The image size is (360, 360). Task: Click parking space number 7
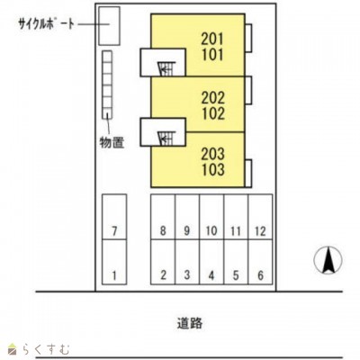[114, 217]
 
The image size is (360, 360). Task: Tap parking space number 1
[114, 262]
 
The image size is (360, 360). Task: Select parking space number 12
[260, 217]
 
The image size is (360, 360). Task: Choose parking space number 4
[211, 262]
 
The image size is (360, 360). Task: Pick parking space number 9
[187, 217]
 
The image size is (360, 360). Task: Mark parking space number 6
[260, 262]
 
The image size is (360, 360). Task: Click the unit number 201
[212, 39]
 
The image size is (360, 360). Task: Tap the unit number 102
[213, 113]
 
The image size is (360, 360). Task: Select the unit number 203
[212, 154]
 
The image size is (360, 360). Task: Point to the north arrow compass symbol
[328, 260]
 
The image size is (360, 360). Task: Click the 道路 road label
[190, 323]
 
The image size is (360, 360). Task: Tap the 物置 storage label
[112, 142]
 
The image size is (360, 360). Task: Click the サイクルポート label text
[46, 24]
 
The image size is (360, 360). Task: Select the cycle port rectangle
[110, 26]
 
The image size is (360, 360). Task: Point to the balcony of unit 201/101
[248, 38]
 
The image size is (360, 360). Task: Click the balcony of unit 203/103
[248, 174]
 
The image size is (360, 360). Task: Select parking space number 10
[211, 217]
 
